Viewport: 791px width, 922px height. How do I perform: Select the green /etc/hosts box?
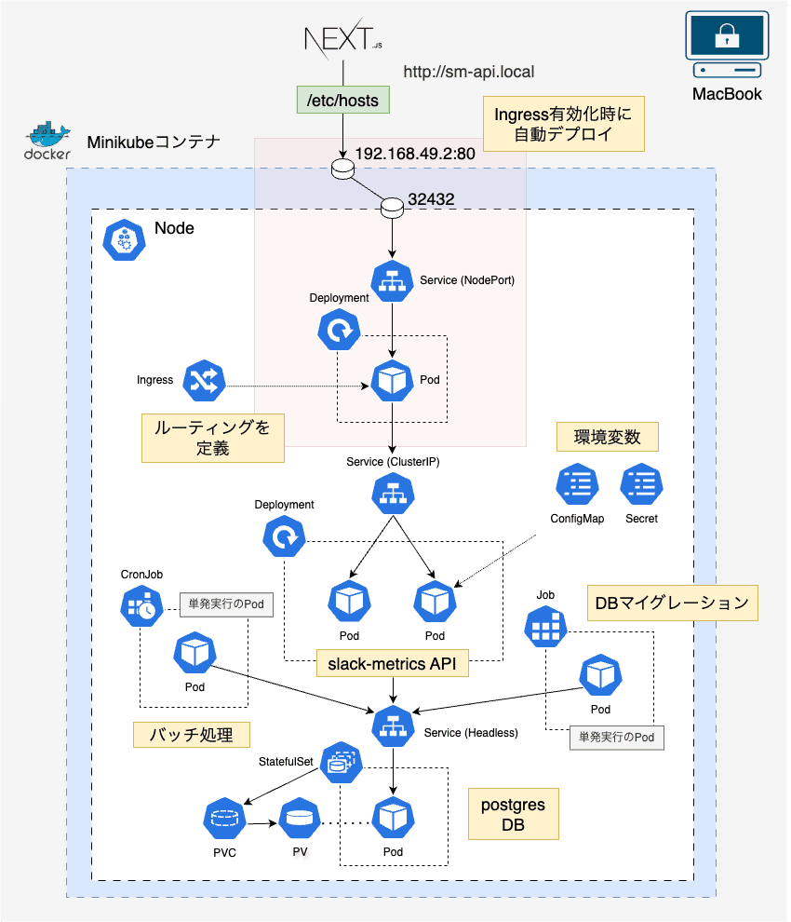[342, 100]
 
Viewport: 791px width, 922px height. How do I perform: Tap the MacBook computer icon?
[727, 47]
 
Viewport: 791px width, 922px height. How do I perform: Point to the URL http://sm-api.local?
[469, 71]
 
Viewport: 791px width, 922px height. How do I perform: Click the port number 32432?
[431, 199]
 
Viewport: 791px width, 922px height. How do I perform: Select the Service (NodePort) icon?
[392, 280]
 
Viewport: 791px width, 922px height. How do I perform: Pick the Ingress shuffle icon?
[204, 379]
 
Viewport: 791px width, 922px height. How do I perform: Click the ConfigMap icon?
[576, 483]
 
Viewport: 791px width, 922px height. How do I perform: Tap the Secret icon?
[641, 483]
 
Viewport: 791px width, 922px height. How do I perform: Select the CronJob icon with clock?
[141, 607]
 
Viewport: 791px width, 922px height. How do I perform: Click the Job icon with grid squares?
[545, 629]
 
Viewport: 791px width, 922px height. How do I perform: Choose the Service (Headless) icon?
[392, 725]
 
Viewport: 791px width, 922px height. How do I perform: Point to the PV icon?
[300, 819]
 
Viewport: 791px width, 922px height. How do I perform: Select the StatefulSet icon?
[340, 764]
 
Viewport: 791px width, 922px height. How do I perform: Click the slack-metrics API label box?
[392, 663]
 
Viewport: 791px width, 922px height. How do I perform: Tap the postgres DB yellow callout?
[513, 813]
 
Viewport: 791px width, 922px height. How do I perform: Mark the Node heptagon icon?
[122, 240]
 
